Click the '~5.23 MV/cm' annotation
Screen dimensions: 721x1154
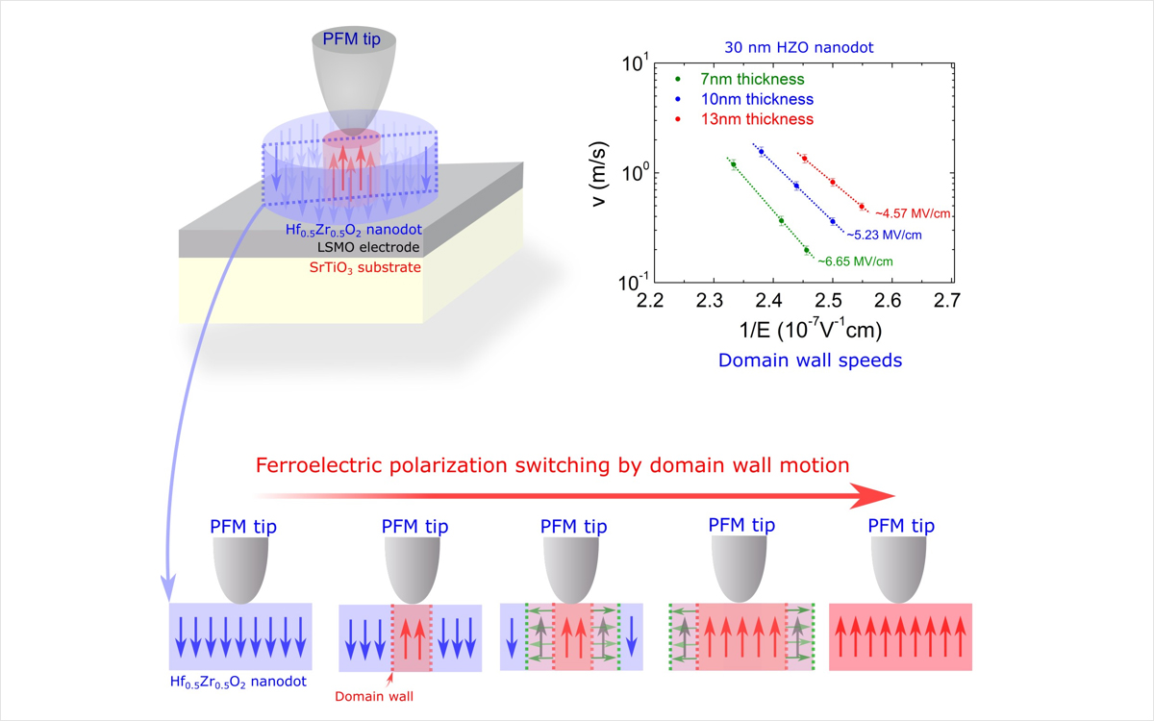(x=884, y=235)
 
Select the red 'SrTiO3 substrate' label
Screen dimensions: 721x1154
(x=357, y=267)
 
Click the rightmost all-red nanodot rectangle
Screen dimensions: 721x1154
(x=900, y=636)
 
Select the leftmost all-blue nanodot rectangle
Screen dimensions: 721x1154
(x=239, y=636)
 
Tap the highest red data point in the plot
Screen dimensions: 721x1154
(x=804, y=159)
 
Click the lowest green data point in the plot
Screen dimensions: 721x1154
(x=807, y=251)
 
